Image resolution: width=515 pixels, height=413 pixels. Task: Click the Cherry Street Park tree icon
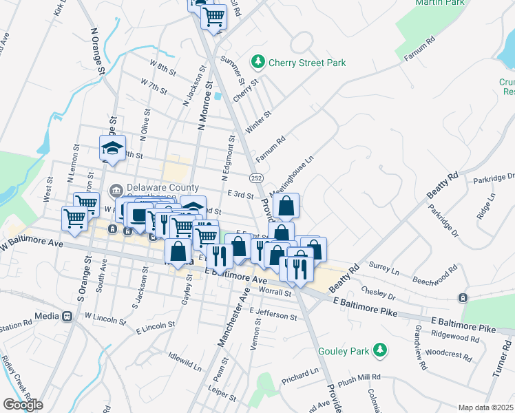(x=258, y=63)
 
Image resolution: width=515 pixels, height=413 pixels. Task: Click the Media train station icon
(x=67, y=317)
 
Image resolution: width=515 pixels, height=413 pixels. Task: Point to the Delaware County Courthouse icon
(x=116, y=189)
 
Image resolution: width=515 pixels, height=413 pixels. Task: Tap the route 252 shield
(x=256, y=178)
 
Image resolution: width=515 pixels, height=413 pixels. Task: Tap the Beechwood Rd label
(x=435, y=275)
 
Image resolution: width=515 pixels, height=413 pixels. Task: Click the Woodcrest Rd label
(x=448, y=355)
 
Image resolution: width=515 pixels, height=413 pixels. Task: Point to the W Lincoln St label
(x=105, y=317)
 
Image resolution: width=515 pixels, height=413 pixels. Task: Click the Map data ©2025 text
(x=486, y=407)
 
